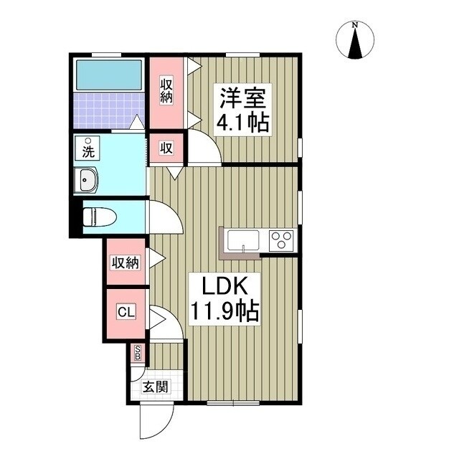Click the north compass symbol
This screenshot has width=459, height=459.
point(354,40)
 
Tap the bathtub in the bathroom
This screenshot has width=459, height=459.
point(109,74)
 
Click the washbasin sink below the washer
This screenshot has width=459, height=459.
point(87,179)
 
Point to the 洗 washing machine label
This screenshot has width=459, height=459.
point(87,151)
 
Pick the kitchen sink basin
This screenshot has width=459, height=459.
point(244,239)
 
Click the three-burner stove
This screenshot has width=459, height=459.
point(281,239)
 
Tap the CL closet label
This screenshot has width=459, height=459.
point(126,312)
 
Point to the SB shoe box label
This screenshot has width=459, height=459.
point(139,353)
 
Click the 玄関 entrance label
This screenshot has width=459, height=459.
point(153,388)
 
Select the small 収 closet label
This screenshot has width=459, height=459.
point(166,148)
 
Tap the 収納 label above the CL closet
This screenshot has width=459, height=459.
point(125,262)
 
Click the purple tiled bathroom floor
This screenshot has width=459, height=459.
point(108,111)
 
